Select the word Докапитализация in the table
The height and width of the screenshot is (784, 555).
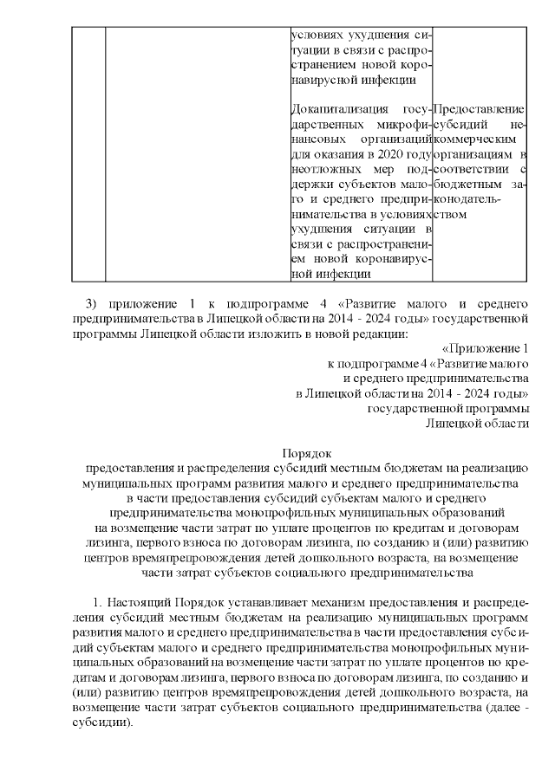point(334,109)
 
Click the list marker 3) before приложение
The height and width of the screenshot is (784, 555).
point(92,303)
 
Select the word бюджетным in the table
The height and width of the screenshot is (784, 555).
point(466,184)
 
